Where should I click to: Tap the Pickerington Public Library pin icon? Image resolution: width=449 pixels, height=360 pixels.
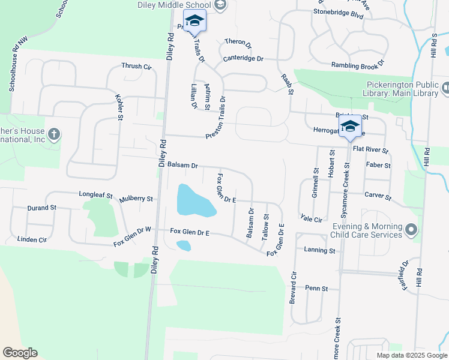point(445,88)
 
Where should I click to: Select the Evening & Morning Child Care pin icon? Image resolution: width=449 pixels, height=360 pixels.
point(411,230)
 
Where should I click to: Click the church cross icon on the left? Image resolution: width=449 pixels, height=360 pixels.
point(53,134)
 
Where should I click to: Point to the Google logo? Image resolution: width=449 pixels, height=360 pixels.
point(20,353)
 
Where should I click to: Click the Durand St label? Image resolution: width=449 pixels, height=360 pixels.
point(41,208)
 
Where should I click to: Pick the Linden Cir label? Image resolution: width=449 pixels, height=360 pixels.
point(32,239)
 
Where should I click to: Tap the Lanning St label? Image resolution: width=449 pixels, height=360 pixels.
point(319,250)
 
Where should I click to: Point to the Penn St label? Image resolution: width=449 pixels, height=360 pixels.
point(316,288)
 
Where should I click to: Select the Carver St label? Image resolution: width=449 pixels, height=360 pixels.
point(378,196)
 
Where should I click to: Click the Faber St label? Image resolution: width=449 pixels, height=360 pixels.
point(378,165)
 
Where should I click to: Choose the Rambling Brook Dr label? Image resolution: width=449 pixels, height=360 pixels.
point(358,65)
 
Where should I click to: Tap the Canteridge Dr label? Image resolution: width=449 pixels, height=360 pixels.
point(243,59)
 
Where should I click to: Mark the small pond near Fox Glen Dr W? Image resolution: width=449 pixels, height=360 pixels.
point(184,245)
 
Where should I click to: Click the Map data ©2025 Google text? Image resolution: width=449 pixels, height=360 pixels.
point(411,355)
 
